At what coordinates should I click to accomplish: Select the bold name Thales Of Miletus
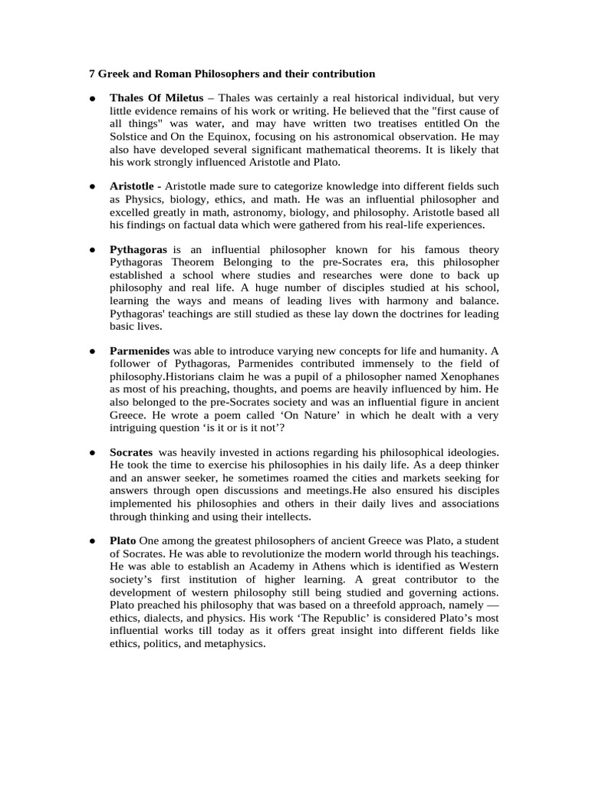tap(156, 99)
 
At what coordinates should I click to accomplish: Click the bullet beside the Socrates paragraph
tap(91, 452)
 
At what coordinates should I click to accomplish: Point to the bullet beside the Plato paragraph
tap(91, 541)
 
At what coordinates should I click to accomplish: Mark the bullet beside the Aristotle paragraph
tap(91, 186)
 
